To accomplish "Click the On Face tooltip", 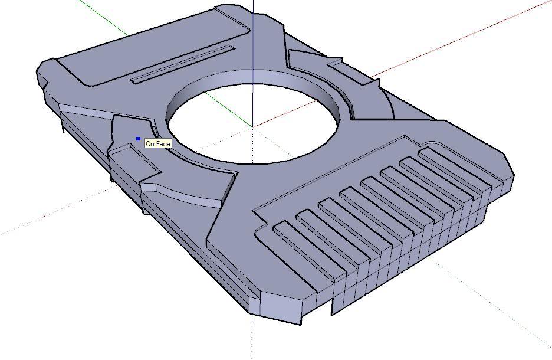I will (158, 143).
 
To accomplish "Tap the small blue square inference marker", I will (138, 139).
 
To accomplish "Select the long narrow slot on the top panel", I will (182, 64).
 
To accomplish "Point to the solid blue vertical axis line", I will (254, 35).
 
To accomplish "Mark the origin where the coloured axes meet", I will (254, 126).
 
